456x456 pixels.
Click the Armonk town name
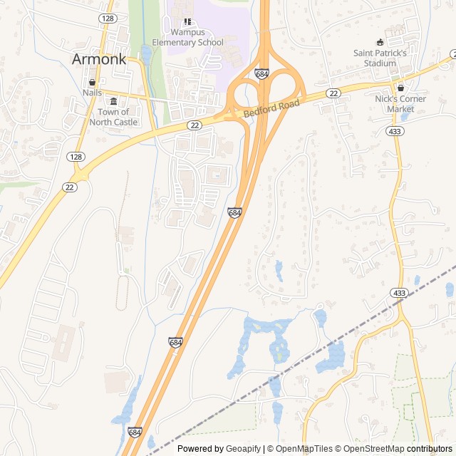(x=99, y=59)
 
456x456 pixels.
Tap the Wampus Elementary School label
(x=187, y=37)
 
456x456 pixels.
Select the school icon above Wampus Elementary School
(x=187, y=23)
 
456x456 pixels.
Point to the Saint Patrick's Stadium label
(x=380, y=58)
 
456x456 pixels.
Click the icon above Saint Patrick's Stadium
(x=380, y=42)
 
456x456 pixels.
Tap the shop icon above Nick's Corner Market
(x=400, y=88)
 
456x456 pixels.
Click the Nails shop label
(x=92, y=93)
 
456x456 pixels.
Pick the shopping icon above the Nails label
(x=92, y=83)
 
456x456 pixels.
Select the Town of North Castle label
(x=114, y=117)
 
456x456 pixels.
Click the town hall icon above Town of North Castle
(x=114, y=101)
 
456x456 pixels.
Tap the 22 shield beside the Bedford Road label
(x=333, y=93)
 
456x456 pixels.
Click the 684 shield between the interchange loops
(x=261, y=73)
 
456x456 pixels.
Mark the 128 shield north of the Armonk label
(x=108, y=18)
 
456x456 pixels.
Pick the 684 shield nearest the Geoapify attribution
(x=135, y=432)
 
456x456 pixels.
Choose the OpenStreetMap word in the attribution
(x=375, y=449)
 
